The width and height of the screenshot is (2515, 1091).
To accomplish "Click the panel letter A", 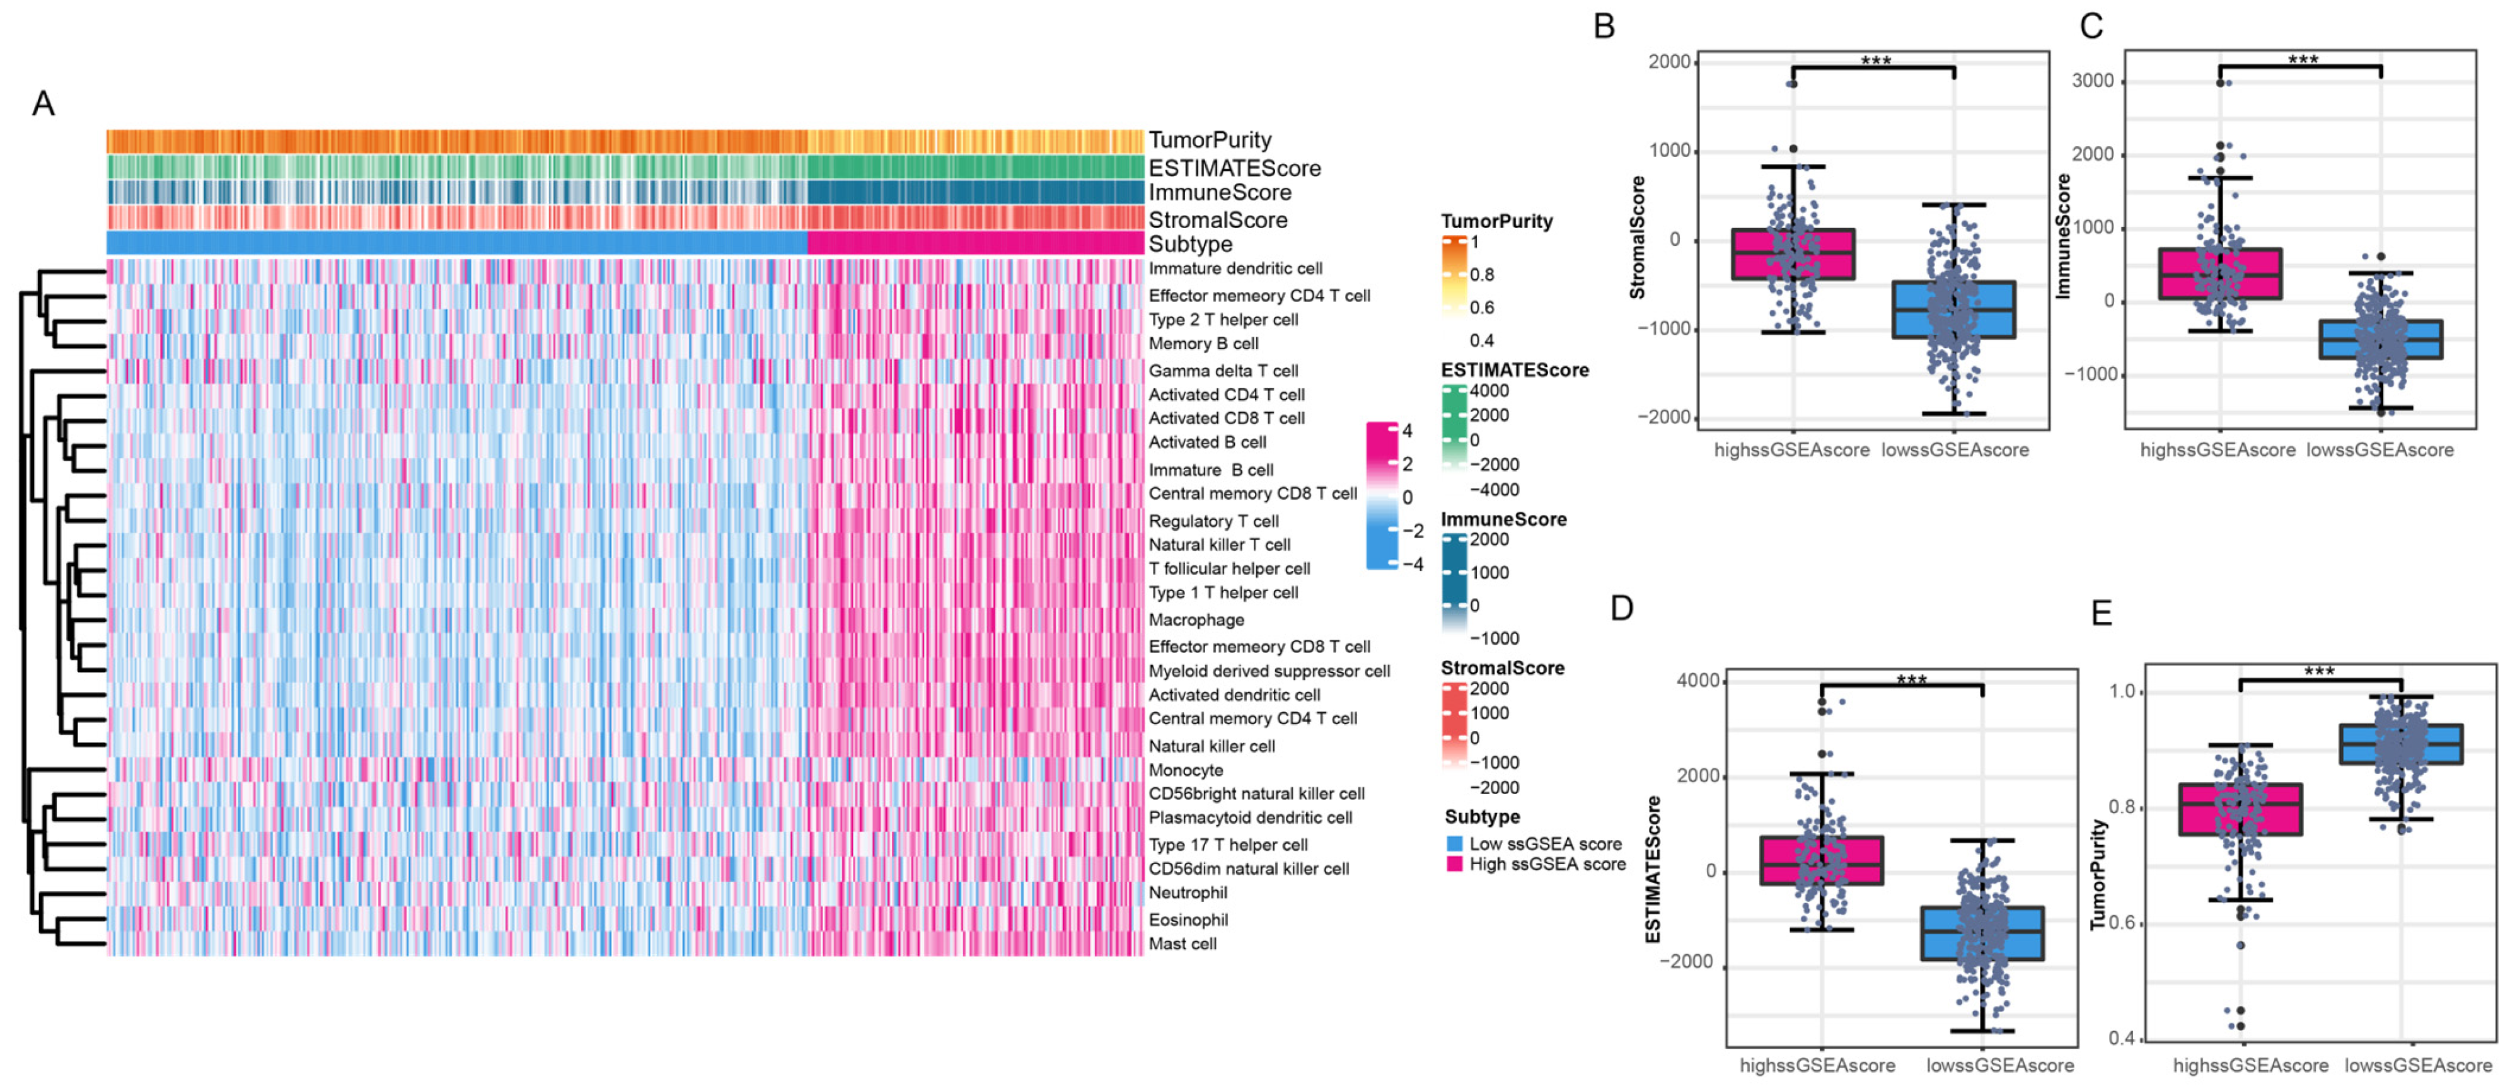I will (43, 103).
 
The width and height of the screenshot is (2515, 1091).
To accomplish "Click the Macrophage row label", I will (1196, 620).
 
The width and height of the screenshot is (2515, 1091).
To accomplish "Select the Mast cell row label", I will (1182, 944).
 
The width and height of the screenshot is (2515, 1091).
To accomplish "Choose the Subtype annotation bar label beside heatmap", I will (1190, 244).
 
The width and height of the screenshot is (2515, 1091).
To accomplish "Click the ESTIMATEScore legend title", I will (1514, 371).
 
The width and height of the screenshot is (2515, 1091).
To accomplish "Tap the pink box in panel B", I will (1793, 254).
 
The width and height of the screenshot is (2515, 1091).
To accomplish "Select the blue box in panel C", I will (2380, 338).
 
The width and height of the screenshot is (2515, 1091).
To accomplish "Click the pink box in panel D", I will (1822, 860).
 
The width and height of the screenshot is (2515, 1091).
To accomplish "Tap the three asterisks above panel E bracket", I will (2319, 671).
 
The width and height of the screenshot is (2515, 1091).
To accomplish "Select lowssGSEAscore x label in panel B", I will (1955, 450).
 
